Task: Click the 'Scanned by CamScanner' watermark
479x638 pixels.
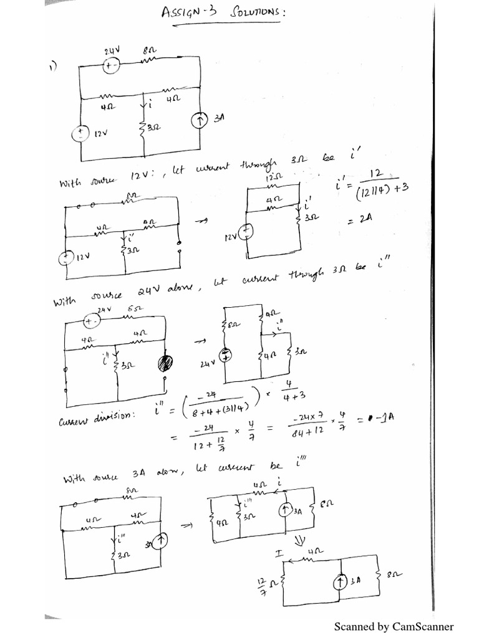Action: [x=394, y=626]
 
